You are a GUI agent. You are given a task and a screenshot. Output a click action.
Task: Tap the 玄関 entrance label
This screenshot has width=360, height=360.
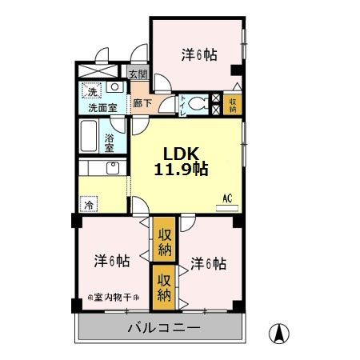click(x=138, y=74)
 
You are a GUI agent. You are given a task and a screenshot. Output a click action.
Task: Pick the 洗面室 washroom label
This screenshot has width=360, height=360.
click(x=102, y=106)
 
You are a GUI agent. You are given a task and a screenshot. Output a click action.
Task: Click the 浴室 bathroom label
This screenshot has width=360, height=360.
click(x=110, y=142)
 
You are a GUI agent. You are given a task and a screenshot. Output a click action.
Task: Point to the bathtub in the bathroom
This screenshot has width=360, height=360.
click(x=90, y=137)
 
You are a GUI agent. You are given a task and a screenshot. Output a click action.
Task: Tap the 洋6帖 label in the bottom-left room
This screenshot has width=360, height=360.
click(x=112, y=260)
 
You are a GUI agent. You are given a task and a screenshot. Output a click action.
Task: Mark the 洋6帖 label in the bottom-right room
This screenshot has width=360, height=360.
click(x=208, y=262)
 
